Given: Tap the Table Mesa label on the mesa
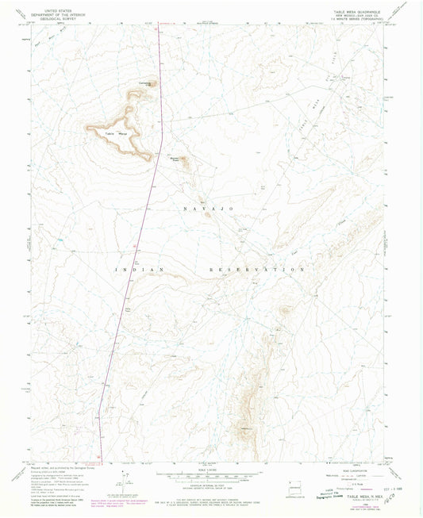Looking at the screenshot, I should (117, 133).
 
